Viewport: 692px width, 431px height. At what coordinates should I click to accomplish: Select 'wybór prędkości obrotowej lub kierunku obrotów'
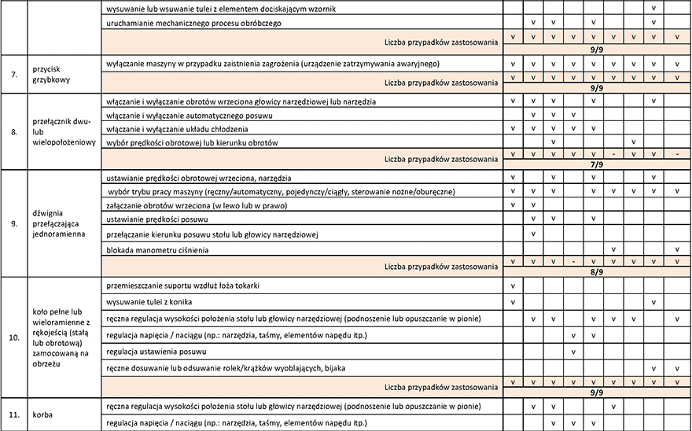[x=191, y=143]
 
